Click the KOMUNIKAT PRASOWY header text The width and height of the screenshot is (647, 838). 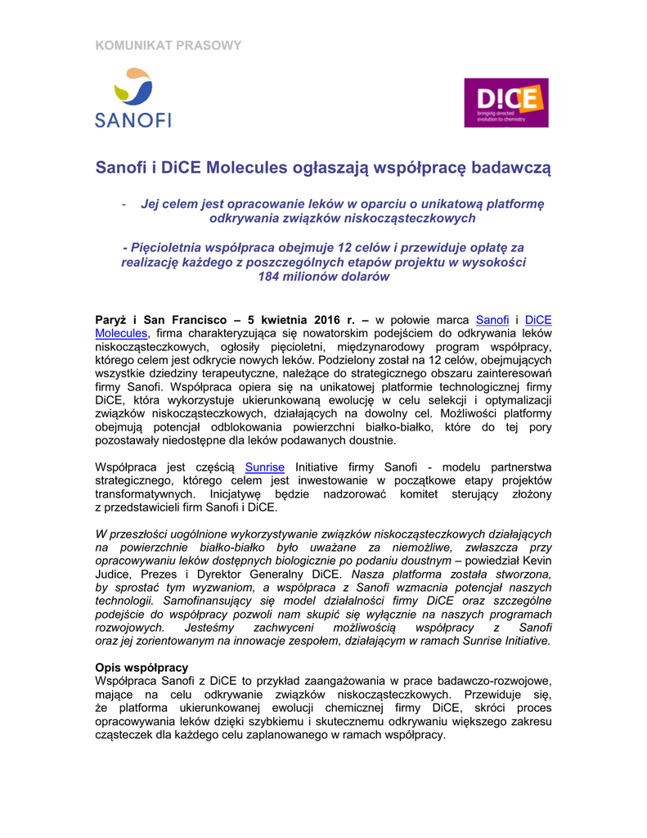(168, 45)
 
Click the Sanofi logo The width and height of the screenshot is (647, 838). (133, 98)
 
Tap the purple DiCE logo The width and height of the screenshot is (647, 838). (506, 102)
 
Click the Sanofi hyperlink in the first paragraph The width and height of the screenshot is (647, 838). (492, 319)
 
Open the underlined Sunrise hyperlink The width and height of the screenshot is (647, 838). (265, 466)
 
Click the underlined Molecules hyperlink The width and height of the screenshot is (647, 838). (121, 333)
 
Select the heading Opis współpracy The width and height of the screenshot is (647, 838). (142, 667)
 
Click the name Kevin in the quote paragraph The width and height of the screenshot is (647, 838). (537, 561)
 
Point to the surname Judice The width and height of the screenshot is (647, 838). (114, 574)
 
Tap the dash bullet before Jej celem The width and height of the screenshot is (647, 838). (123, 204)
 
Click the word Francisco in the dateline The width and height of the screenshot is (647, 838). (190, 319)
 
